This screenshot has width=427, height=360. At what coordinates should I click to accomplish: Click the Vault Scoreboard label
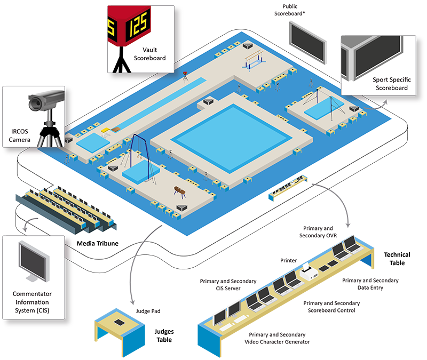click(149, 54)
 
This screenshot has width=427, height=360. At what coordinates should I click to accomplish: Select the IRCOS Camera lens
click(35, 103)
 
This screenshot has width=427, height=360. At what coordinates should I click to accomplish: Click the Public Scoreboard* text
click(289, 10)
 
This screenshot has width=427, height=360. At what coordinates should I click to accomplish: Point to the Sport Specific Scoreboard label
click(392, 84)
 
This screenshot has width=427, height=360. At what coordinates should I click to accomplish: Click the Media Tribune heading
click(98, 243)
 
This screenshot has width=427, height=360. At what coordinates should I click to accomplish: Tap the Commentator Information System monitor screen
click(33, 261)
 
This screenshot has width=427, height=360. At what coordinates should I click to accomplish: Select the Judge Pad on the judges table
click(119, 322)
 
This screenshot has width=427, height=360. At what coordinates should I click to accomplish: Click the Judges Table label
click(164, 335)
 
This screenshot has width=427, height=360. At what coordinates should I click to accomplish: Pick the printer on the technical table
click(309, 272)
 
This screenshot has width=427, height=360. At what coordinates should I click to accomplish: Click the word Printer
click(288, 260)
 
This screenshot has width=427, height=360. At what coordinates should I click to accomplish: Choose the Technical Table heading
click(397, 259)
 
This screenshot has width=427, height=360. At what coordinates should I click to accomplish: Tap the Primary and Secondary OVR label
click(318, 232)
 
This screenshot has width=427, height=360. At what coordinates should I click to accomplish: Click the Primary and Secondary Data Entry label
click(370, 284)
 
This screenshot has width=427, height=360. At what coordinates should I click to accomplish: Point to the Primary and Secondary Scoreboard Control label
click(331, 307)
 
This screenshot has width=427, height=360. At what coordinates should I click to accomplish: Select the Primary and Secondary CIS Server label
click(228, 285)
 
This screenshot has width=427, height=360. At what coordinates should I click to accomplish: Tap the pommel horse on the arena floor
click(180, 191)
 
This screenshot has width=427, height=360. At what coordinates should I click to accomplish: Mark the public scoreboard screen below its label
click(308, 43)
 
